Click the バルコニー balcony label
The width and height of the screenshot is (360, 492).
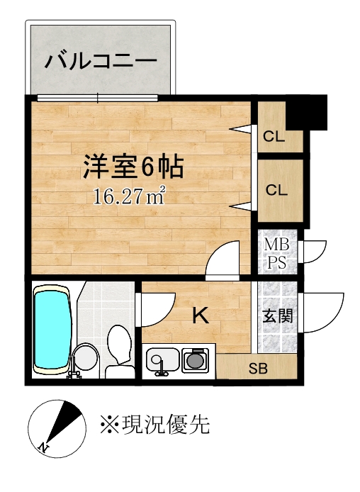[x=101, y=60]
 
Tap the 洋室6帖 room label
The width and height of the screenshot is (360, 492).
[x=133, y=167]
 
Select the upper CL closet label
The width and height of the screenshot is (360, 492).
[x=274, y=137]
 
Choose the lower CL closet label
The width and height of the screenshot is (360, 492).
[x=276, y=190]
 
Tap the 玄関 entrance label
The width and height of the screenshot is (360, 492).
[x=277, y=316]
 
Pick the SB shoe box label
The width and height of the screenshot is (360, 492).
[x=258, y=369]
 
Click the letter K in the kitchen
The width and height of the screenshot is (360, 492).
[x=201, y=315]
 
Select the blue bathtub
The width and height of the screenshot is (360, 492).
[x=52, y=330]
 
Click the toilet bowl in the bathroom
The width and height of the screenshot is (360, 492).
[x=119, y=345]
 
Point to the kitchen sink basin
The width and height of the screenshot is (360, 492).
[x=163, y=360]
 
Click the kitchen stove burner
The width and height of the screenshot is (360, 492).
[x=195, y=360]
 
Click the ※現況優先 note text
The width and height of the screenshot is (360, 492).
[x=155, y=425]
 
